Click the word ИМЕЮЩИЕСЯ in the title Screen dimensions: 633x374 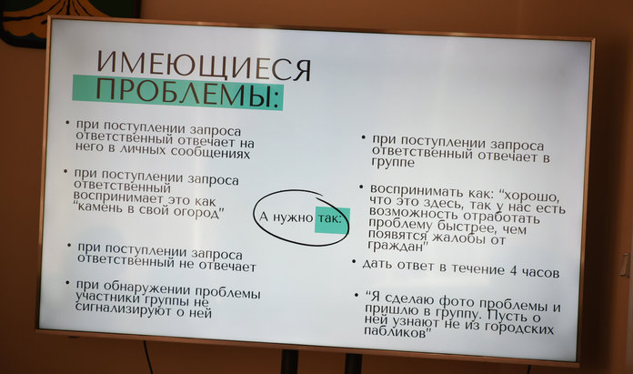(204, 66)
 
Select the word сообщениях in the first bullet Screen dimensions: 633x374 (210, 152)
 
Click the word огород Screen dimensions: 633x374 (196, 212)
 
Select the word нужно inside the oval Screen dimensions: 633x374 (293, 217)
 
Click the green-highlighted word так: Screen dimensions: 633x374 (330, 219)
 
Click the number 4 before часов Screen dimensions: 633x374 (513, 270)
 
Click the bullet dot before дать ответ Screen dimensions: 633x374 (354, 262)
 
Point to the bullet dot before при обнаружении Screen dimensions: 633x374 (68, 283)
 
